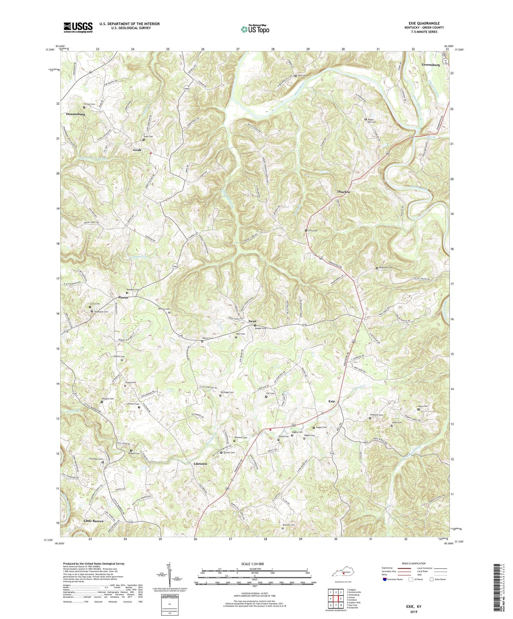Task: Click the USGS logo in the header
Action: pos(78,27)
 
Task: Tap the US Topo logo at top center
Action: pos(255,29)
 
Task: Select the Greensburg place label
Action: pos(431,65)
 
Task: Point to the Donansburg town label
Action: pos(75,115)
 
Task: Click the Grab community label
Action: pos(137,150)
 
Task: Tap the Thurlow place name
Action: pos(343,192)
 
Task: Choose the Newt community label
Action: pos(252,322)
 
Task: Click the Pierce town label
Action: pos(123,298)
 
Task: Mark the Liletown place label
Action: pos(200,464)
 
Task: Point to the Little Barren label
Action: pos(93,521)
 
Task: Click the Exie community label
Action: pos(332,401)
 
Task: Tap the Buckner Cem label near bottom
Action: pos(289,525)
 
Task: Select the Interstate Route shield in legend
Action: pos(385,579)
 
